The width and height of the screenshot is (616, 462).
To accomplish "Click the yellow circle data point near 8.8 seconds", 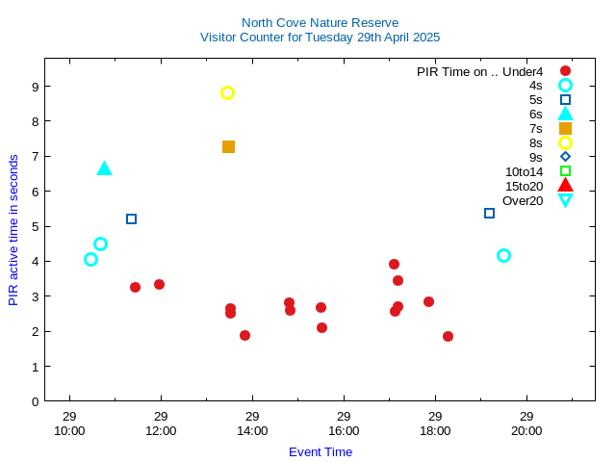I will (227, 93).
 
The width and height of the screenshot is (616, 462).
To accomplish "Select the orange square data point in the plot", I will (228, 147).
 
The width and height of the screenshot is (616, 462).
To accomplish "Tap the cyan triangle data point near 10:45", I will (104, 168).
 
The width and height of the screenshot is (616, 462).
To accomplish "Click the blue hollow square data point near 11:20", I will (131, 219).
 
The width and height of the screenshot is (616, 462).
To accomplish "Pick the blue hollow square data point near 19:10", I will (489, 214).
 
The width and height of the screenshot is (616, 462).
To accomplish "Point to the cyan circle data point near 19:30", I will (503, 256).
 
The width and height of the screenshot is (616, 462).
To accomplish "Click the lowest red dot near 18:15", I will (448, 336).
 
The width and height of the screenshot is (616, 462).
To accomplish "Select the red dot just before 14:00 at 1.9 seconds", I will (244, 336).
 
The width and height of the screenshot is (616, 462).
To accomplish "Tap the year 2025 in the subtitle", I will (424, 38).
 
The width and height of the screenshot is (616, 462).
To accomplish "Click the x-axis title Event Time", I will (321, 451).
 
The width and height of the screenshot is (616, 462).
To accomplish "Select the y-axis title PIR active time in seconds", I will (13, 230).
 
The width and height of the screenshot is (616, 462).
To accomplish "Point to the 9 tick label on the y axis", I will (35, 87).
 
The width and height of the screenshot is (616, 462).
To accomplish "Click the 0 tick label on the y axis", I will (35, 401).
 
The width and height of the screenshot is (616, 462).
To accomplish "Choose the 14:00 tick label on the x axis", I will (252, 430).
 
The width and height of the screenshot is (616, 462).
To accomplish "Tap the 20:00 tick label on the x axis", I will (526, 430).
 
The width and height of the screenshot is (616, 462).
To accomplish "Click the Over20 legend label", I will (523, 200).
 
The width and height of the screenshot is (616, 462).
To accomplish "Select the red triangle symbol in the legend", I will (565, 186).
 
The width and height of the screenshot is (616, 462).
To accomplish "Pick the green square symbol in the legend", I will (565, 171).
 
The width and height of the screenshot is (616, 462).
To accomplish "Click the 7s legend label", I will (535, 128).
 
